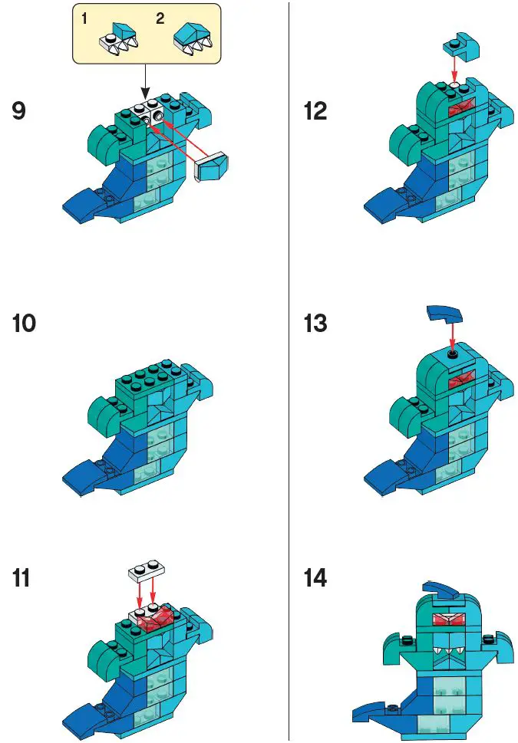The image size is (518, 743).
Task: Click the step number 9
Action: tap(19, 112)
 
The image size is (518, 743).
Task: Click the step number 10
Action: tap(24, 324)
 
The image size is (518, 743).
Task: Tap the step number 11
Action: tap(22, 578)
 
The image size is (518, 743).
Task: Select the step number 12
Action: tap(315, 112)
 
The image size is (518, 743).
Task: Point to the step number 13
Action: tap(315, 324)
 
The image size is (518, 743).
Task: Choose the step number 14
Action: tap(316, 578)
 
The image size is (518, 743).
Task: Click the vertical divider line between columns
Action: tap(289, 368)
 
